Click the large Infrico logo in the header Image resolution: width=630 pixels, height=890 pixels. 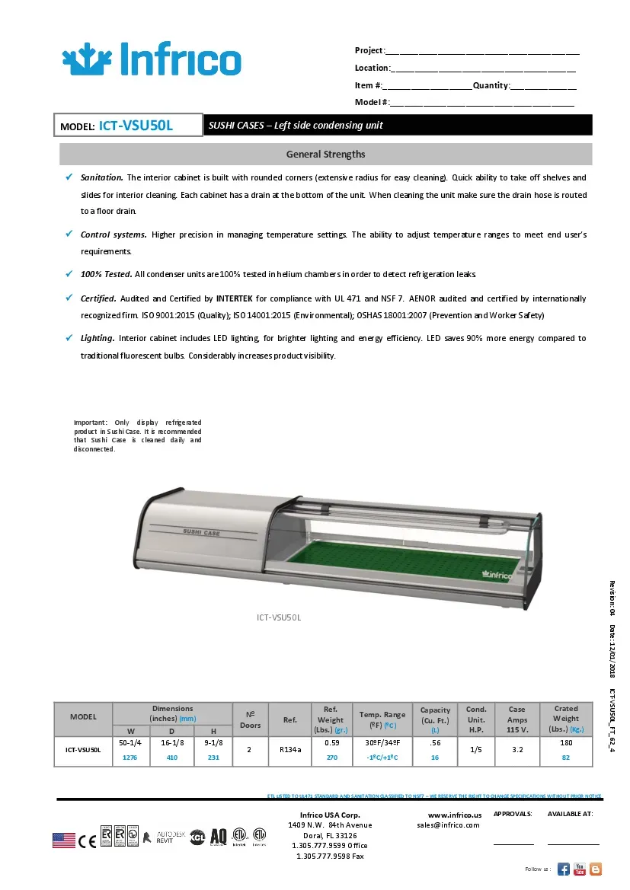[151, 59]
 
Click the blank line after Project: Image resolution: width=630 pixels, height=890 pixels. [481, 52]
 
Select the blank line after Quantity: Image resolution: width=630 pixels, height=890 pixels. [542, 87]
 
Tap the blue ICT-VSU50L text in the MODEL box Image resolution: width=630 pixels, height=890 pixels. [136, 126]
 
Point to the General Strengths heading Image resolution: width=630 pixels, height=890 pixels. [325, 155]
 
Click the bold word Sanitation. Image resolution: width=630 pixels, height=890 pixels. [101, 177]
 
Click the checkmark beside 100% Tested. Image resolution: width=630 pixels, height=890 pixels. [69, 273]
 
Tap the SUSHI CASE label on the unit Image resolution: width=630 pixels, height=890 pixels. [201, 533]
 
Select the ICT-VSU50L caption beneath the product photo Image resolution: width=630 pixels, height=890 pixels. [279, 617]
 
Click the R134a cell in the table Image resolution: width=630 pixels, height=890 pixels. [291, 749]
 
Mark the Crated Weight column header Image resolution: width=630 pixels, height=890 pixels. [565, 719]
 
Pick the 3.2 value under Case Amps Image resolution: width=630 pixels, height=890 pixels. [517, 749]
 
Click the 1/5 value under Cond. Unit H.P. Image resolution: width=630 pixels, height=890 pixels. [476, 749]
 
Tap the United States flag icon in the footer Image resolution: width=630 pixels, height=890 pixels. [64, 840]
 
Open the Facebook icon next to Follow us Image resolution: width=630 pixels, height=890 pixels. [563, 869]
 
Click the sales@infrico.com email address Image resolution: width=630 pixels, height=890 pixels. [448, 825]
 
